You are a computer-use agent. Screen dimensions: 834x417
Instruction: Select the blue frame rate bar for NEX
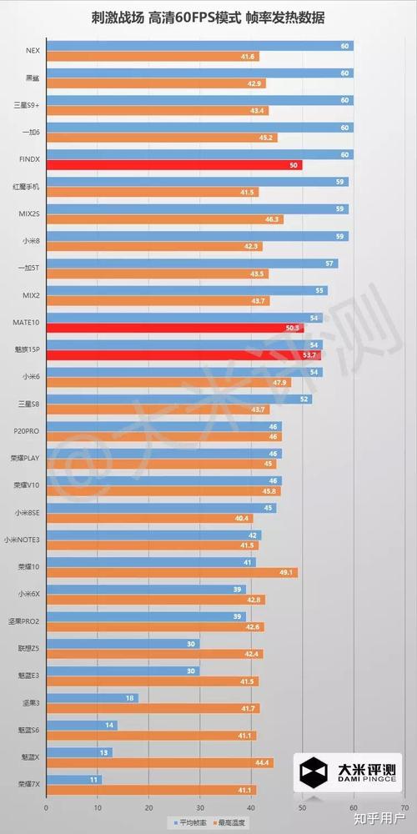199,46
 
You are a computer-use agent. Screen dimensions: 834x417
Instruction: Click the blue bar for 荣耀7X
73,779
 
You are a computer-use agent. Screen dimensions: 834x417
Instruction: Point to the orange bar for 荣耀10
171,572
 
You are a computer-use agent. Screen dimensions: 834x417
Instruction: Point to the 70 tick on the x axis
404,808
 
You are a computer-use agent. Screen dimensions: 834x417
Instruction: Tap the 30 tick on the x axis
200,808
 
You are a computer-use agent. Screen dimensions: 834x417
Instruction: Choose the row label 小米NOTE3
23,540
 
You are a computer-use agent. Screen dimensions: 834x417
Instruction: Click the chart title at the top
208,17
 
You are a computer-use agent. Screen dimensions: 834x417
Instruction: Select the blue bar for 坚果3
92,697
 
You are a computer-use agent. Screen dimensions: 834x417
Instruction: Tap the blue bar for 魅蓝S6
81,725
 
